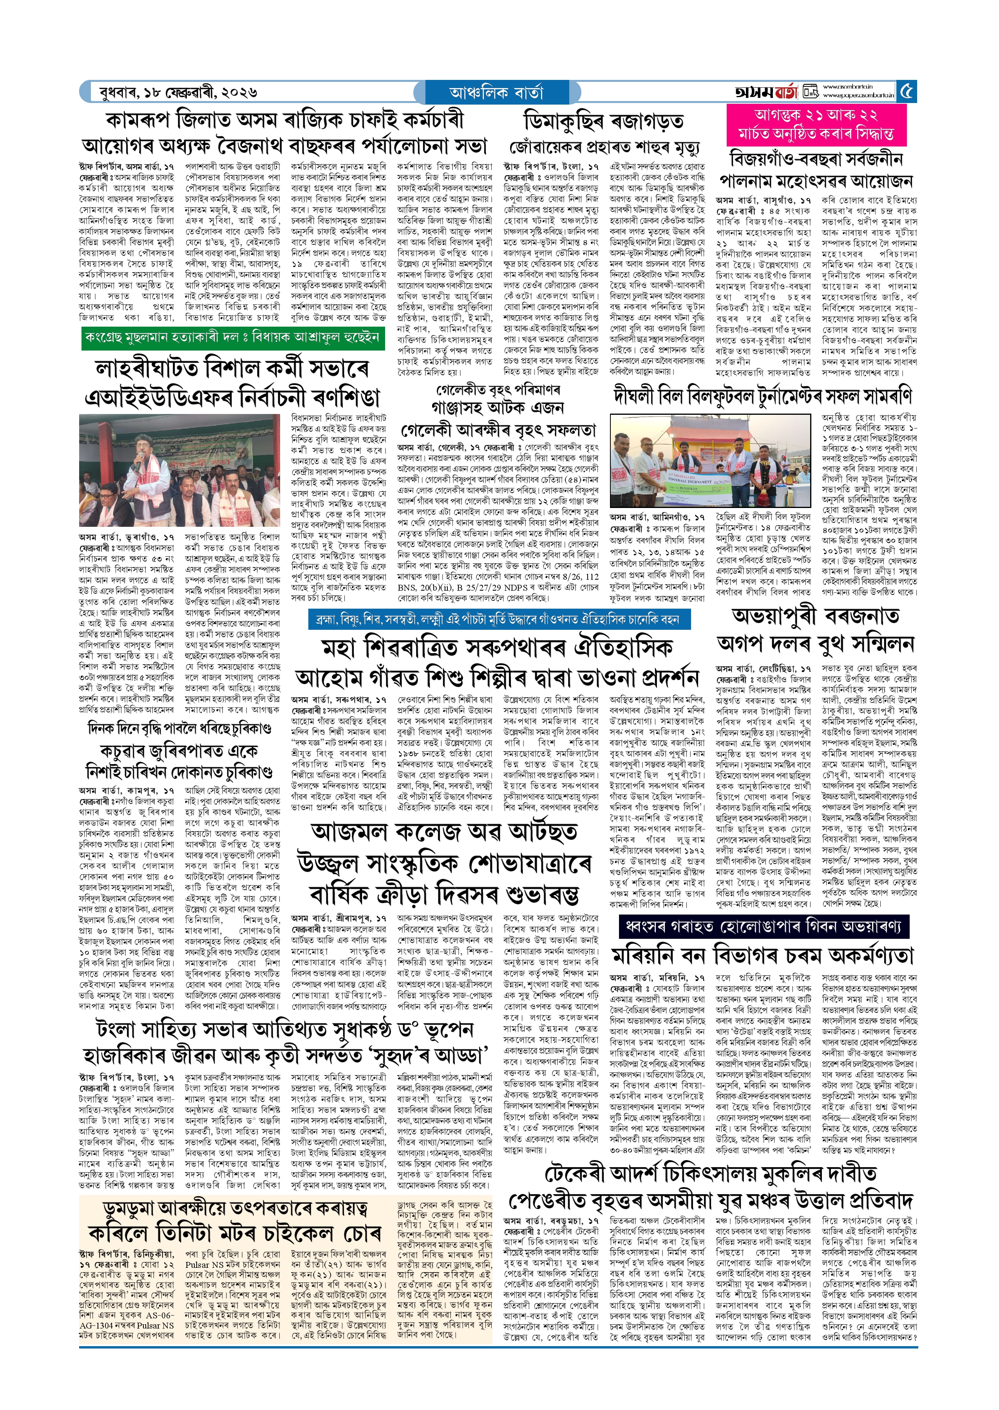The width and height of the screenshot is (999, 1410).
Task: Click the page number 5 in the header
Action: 907,92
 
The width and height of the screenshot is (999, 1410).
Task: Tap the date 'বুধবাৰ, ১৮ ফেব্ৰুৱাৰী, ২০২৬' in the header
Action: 178,93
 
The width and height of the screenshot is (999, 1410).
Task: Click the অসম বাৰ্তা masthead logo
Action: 766,92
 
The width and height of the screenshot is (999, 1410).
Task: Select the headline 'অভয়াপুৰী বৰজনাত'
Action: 815,616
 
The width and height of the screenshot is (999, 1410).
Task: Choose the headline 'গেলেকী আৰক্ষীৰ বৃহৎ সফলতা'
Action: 498,429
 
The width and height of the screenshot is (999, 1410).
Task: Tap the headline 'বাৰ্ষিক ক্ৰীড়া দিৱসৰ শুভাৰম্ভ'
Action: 443,893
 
